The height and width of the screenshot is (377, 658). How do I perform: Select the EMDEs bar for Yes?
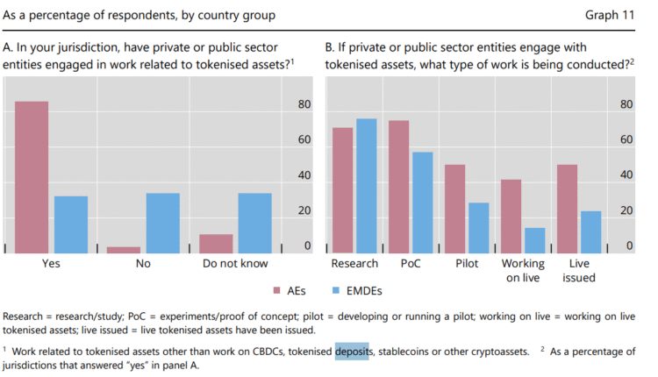point(71,224)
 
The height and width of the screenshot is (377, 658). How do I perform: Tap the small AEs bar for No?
point(124,250)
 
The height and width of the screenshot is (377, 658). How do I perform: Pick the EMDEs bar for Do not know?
point(254,223)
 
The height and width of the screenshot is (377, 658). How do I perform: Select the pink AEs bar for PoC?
point(399,187)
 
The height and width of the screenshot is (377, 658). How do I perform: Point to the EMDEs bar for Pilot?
point(478,228)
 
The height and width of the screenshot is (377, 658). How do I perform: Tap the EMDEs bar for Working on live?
point(534,240)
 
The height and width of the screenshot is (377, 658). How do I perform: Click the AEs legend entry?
point(285,290)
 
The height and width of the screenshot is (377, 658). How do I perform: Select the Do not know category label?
point(235,263)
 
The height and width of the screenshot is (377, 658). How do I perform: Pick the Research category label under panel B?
point(354,263)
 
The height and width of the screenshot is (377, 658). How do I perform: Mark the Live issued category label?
point(579,270)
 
